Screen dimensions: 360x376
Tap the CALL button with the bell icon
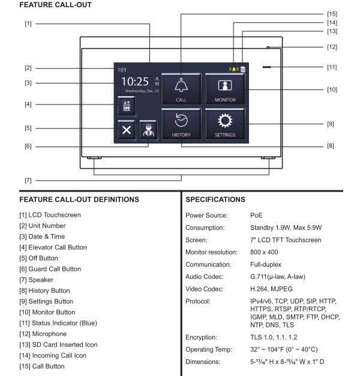[182, 89]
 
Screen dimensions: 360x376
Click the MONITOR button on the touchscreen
[225, 89]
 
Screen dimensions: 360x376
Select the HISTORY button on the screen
[182, 125]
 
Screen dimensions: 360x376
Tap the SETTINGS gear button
[225, 125]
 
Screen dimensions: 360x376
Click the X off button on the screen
[127, 130]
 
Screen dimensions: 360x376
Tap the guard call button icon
[148, 130]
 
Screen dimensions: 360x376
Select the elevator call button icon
[127, 105]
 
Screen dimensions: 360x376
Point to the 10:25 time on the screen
[136, 82]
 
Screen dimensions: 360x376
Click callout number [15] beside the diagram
[331, 13]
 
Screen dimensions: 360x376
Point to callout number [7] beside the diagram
[28, 180]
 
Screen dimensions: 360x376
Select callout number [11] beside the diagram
[331, 67]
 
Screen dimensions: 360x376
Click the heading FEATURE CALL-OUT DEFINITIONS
[79, 199]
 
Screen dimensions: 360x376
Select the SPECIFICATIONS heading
[215, 199]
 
